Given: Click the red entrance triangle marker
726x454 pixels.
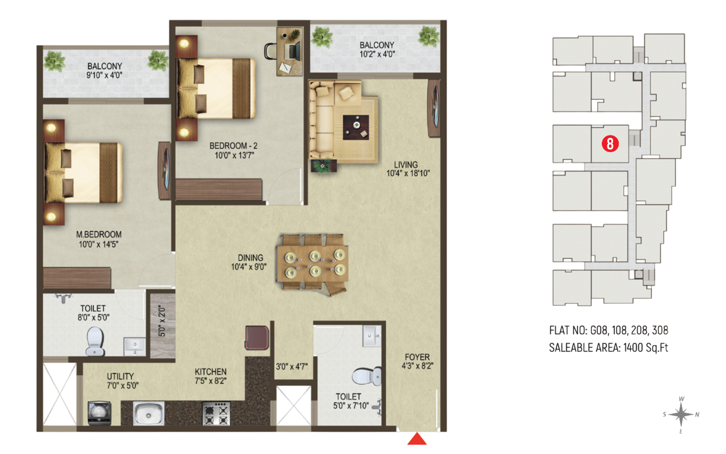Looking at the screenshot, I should (x=418, y=440).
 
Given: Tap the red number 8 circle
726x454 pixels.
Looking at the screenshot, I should (x=610, y=143).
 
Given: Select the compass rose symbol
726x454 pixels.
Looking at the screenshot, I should (x=681, y=415).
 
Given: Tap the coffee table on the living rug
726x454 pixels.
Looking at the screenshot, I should (x=356, y=125).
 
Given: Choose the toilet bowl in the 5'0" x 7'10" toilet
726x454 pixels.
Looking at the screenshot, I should (x=361, y=376).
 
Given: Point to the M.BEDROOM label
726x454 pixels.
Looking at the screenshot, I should (x=99, y=234).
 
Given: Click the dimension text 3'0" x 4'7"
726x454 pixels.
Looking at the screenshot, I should (x=291, y=366).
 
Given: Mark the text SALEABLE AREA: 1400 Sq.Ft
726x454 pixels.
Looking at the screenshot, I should (x=608, y=347).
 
